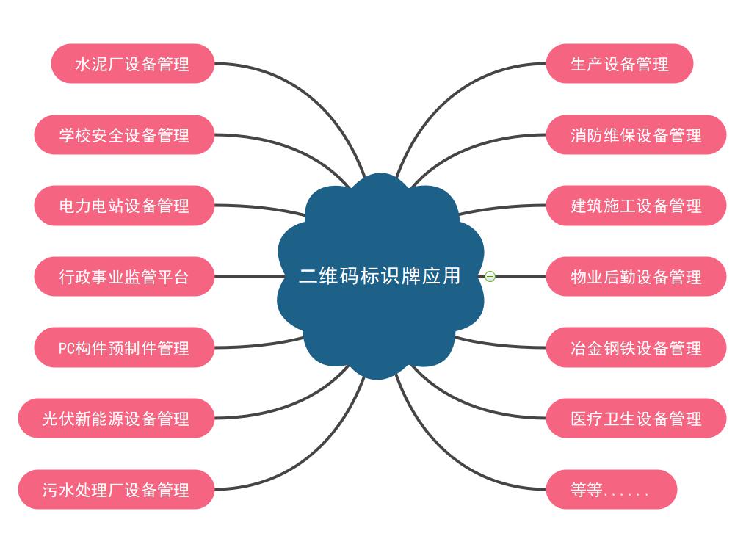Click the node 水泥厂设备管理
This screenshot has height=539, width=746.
[x=132, y=64]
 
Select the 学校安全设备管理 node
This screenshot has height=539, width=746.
[x=124, y=135]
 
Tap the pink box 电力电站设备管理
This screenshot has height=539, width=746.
[x=124, y=206]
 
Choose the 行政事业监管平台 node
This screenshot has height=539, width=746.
[x=124, y=277]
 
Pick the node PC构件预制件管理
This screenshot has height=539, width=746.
[x=124, y=347]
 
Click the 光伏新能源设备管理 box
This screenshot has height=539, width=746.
[x=116, y=419]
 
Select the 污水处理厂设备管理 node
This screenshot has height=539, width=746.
[x=116, y=490]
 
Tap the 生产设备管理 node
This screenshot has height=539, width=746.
[x=619, y=64]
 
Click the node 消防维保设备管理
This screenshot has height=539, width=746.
[x=636, y=135]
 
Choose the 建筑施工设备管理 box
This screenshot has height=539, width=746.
[x=636, y=206]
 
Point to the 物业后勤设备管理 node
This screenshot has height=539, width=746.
[x=636, y=277]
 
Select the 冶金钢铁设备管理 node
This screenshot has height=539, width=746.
[x=636, y=347]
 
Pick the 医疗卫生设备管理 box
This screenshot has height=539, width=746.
[x=636, y=419]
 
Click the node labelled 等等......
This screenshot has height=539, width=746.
[x=611, y=490]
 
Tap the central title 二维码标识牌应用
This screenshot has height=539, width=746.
[x=380, y=276]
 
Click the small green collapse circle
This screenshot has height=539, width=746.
[x=490, y=277]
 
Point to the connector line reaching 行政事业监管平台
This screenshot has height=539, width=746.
[x=246, y=277]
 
